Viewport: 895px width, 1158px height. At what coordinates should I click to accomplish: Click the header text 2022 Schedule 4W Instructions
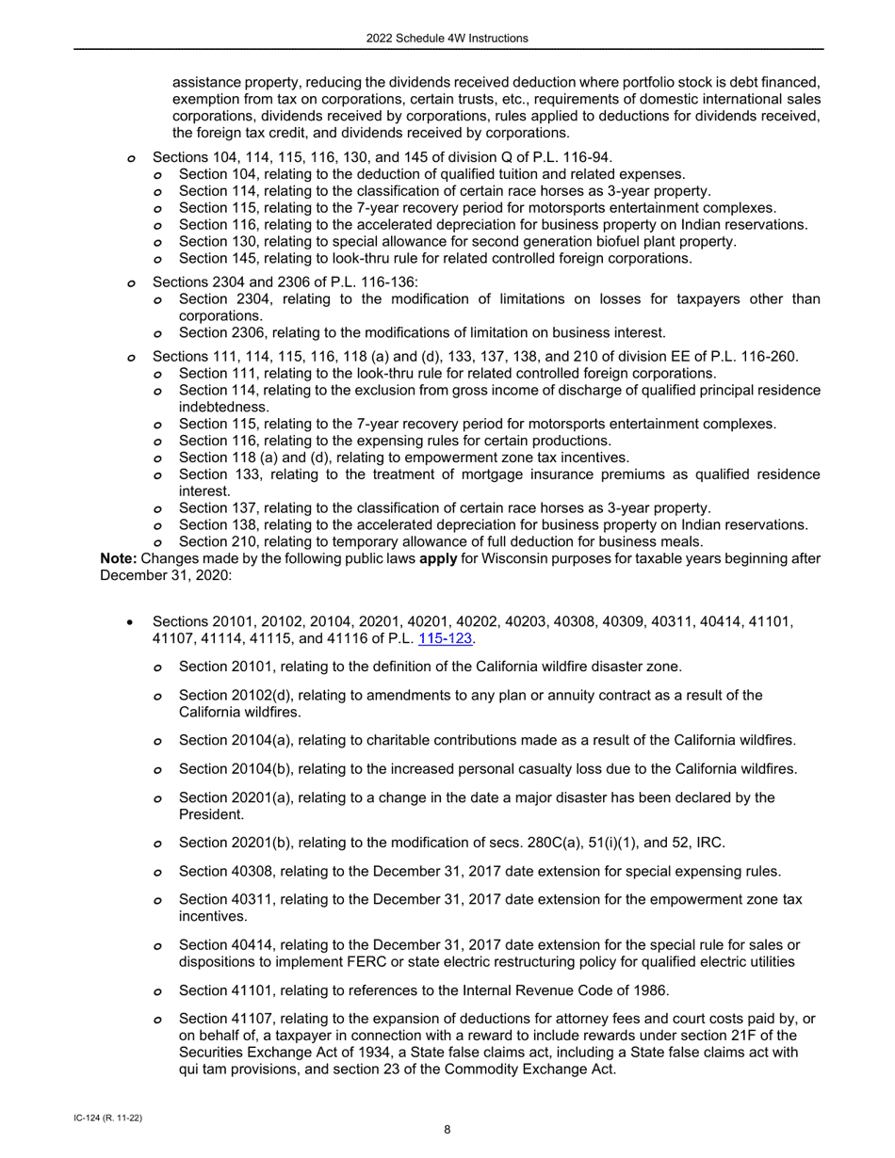(447, 39)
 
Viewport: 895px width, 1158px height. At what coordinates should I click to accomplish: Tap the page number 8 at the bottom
(447, 1131)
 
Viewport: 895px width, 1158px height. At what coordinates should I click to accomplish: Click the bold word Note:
(119, 558)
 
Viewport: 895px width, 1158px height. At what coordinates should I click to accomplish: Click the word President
(210, 815)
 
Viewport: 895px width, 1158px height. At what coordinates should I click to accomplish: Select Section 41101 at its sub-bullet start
(215, 990)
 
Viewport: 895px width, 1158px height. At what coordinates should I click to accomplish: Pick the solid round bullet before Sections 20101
(131, 622)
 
